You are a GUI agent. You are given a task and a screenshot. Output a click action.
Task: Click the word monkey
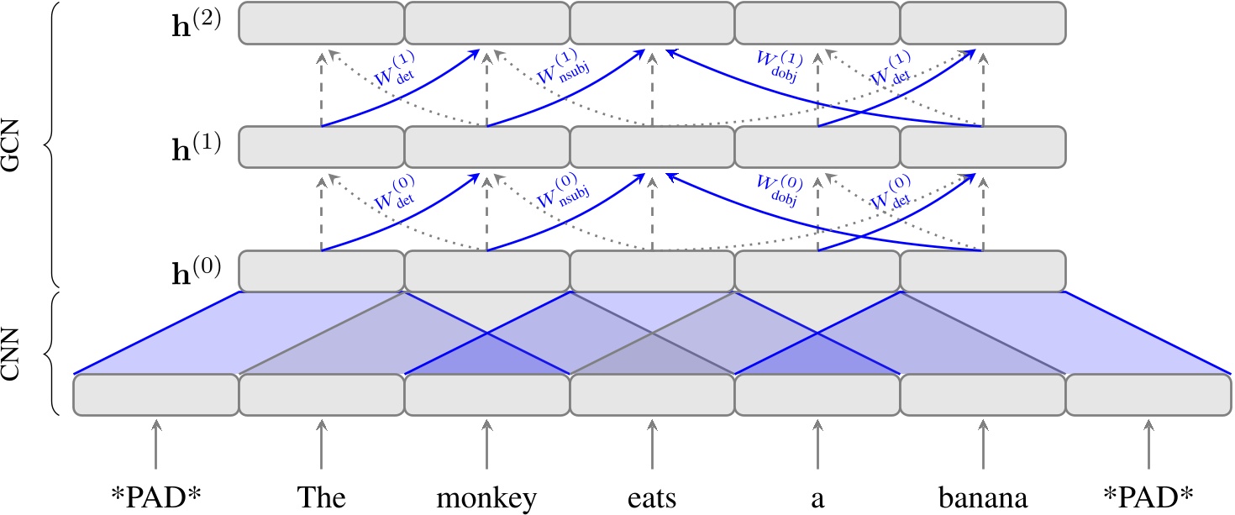click(x=486, y=498)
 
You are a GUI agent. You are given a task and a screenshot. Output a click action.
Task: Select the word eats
click(x=652, y=498)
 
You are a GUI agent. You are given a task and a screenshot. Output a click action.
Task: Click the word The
click(x=321, y=498)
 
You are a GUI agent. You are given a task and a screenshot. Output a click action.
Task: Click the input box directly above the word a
click(x=817, y=395)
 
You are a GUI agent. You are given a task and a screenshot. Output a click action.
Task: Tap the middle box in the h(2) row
click(x=652, y=23)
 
